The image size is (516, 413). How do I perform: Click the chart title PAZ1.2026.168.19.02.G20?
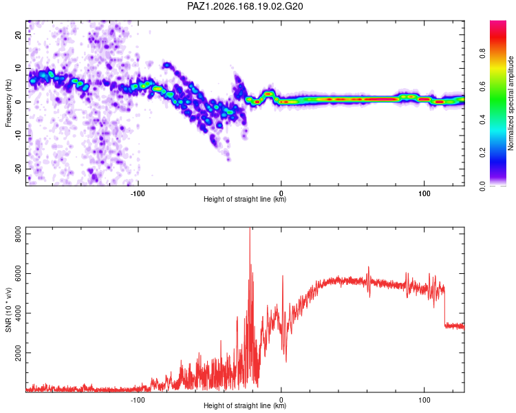pos(245,6)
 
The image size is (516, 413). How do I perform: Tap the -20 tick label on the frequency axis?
pos(19,169)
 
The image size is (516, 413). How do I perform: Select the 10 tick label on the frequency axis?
pos(19,68)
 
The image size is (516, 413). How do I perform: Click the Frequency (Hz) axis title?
pos(8,103)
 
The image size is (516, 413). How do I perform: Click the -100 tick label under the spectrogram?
pos(138,193)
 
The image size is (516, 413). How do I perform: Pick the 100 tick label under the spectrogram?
pos(424,193)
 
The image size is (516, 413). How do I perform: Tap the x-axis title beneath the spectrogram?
pos(245,199)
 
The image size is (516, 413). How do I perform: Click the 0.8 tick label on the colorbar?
pos(482,53)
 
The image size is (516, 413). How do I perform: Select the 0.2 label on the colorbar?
pos(482,153)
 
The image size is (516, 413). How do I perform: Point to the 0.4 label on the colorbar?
pos(482,119)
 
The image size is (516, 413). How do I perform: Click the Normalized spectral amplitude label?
pos(510,103)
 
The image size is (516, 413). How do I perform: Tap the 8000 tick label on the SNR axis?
pos(19,234)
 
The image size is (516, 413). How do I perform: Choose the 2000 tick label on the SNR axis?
pos(19,352)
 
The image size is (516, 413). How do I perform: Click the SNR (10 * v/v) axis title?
pos(8,310)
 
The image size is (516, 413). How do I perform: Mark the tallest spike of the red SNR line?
pos(250,229)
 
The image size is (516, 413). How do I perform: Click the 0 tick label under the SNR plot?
pos(281,400)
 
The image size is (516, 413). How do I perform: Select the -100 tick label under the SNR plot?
pos(138,400)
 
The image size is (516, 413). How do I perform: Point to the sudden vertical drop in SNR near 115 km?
pos(444,306)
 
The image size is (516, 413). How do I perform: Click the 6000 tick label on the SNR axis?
pos(19,274)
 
